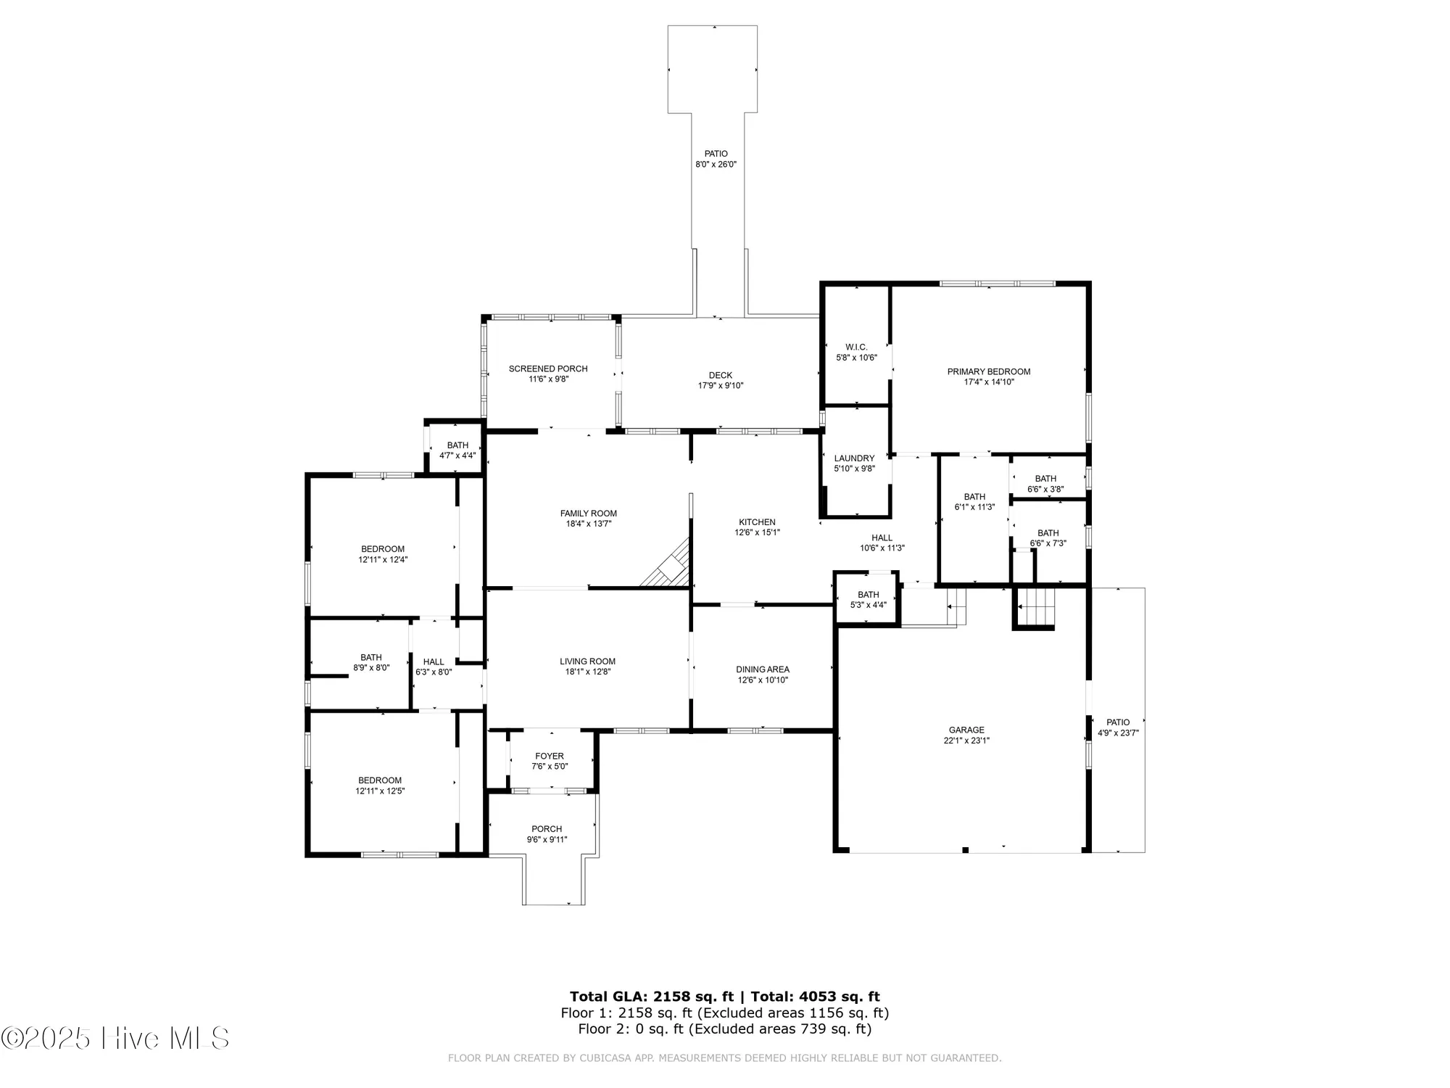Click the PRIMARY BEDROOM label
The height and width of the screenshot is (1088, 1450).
[988, 372]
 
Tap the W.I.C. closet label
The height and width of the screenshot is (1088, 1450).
[856, 347]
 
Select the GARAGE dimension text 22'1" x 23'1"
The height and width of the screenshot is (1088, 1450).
[966, 741]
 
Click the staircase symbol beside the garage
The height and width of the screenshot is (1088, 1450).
[1035, 607]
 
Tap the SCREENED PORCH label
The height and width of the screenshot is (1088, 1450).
[548, 369]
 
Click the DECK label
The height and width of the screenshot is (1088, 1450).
[720, 375]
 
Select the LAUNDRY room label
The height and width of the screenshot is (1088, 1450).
[854, 458]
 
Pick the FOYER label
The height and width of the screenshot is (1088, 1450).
[550, 757]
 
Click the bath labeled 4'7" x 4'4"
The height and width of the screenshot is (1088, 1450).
[457, 450]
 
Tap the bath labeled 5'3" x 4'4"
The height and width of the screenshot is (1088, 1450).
[868, 600]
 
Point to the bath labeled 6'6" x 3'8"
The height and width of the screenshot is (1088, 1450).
[1045, 484]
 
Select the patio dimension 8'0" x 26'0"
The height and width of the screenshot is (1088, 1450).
[716, 165]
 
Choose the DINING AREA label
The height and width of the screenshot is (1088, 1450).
[762, 669]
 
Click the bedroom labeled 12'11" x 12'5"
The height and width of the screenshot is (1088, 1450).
[379, 786]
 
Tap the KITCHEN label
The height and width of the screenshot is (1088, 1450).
[757, 522]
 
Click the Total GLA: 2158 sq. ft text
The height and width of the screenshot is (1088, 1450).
[651, 997]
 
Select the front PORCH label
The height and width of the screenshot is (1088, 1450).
[547, 829]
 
